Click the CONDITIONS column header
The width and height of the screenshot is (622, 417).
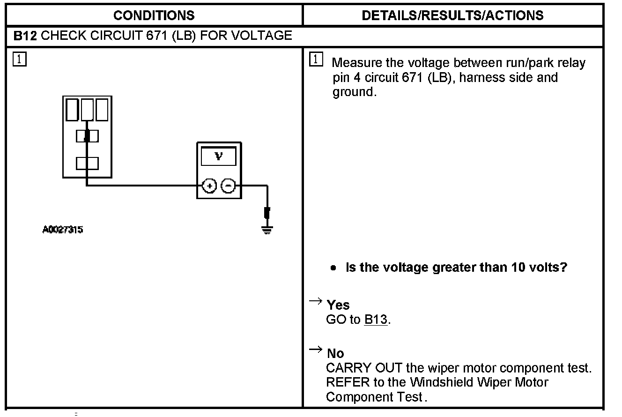coord(154,15)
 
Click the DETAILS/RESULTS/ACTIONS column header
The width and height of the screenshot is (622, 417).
coord(452,15)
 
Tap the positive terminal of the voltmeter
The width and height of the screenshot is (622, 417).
coord(209,186)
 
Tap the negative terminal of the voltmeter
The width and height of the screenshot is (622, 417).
coord(228,186)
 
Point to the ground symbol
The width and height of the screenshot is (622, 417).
coord(267,229)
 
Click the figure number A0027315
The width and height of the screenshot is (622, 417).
coord(63,230)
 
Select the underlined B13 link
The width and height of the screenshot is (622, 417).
coord(376,320)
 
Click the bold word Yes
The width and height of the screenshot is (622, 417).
coord(338,305)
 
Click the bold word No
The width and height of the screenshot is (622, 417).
coord(335,353)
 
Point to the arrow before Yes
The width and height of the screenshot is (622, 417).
coord(316,301)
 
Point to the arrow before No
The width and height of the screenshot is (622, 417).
coord(316,349)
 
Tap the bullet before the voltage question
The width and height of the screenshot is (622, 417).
coord(333,268)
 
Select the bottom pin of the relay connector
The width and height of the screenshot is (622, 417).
coord(87,164)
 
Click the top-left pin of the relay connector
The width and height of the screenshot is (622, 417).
coord(72,110)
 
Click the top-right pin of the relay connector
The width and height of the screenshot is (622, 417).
coord(102,110)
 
